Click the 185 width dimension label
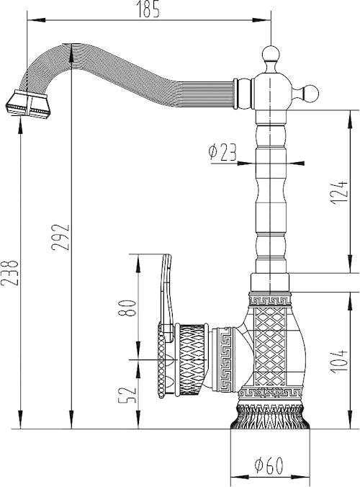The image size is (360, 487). [148, 9]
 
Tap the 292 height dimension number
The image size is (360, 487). [60, 237]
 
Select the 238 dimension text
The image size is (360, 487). [9, 272]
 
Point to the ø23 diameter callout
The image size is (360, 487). [222, 152]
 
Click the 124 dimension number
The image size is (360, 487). [339, 192]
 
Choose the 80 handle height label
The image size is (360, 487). [127, 308]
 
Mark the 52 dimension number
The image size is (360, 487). [127, 395]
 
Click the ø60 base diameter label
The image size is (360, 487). [269, 465]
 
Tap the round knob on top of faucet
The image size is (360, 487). [271, 54]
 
